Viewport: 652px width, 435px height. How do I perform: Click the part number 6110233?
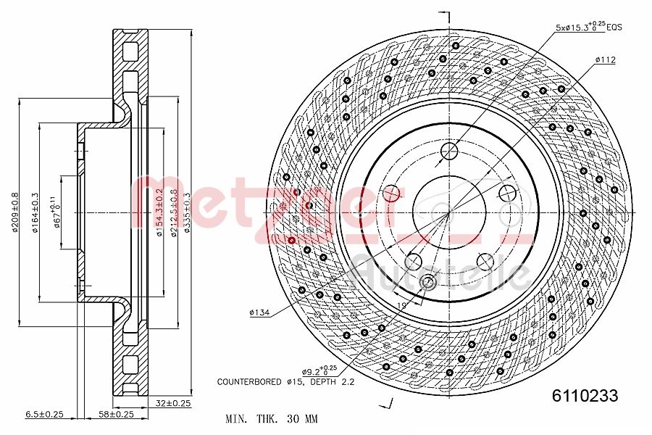pos(585,396)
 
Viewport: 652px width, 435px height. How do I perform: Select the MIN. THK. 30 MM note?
pos(272,419)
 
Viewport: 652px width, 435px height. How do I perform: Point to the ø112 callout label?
pos(605,60)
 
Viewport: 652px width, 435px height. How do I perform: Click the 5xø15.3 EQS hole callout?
pos(588,27)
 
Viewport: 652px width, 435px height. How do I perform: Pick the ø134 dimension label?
pos(259,312)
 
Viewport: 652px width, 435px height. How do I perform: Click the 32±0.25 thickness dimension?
pos(172,403)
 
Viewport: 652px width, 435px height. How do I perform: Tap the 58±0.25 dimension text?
pos(116,415)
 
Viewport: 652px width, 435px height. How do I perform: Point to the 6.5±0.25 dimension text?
pos(45,415)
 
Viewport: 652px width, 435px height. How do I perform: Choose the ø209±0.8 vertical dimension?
pos(14,212)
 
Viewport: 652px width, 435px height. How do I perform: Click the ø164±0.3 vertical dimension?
pos(34,212)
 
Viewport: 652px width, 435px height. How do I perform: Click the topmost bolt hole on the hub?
pos(449,151)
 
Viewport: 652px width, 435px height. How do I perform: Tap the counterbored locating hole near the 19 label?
pos(428,282)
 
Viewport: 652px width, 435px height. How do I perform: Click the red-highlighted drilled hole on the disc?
pos(291,240)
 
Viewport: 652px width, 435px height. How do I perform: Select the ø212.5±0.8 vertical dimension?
pos(173,212)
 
